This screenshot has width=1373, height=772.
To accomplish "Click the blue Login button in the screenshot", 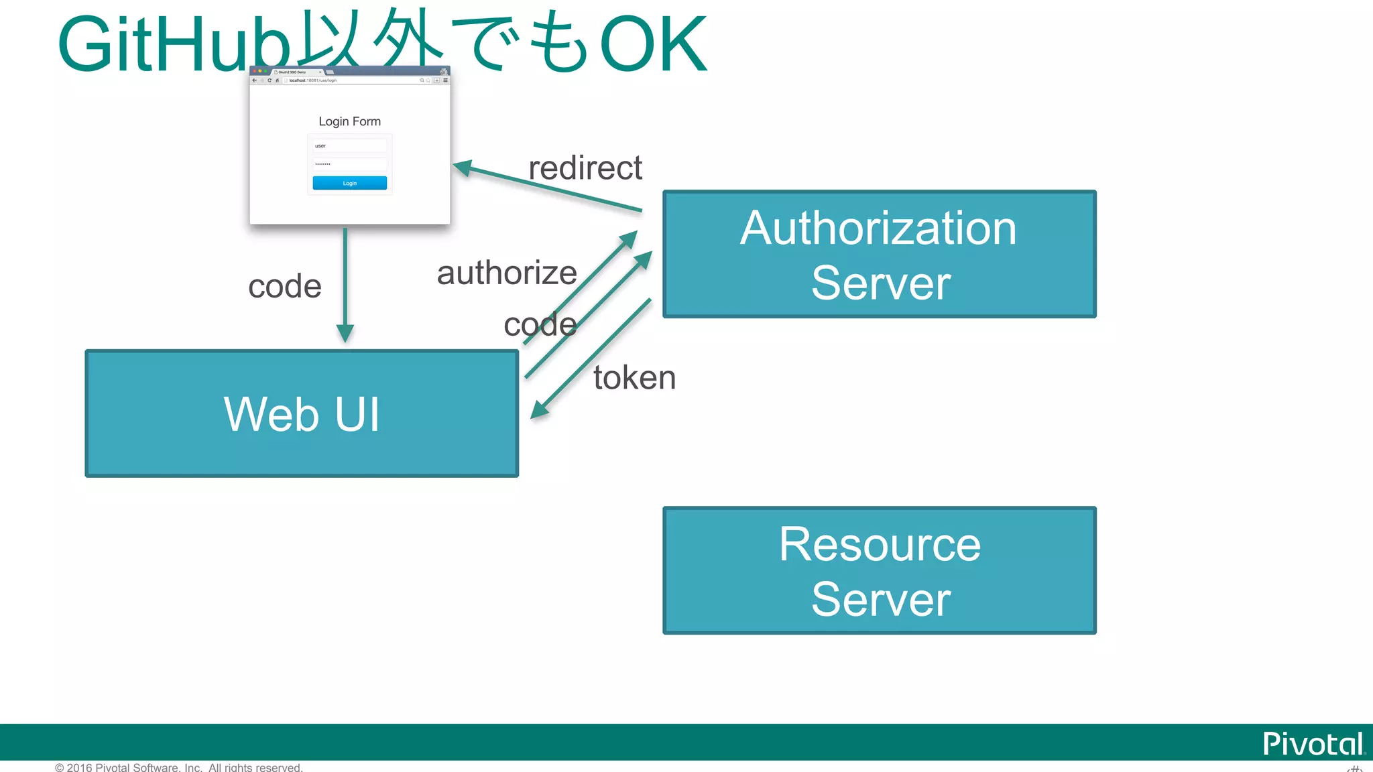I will [349, 183].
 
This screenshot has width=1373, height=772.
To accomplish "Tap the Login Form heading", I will [349, 121].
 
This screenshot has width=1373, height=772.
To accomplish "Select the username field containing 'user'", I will [349, 145].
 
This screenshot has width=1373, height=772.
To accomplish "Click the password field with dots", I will [349, 164].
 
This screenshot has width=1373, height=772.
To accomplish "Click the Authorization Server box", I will [879, 254].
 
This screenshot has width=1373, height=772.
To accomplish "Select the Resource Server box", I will [879, 570].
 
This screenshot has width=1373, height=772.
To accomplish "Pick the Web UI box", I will [302, 413].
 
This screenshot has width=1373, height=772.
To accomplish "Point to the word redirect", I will [585, 168].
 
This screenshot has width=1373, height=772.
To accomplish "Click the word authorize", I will [507, 273].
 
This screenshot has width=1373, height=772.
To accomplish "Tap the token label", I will [634, 377].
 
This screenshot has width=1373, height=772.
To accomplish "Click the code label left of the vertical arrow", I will [284, 286].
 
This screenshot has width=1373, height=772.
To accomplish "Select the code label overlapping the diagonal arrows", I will [540, 325].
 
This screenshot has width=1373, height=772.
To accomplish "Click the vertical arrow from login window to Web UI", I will [345, 281].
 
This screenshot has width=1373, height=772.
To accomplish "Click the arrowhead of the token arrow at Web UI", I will [539, 410].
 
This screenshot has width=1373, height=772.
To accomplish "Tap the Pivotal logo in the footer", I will [1313, 744].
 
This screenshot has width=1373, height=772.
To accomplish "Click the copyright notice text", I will [178, 767].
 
